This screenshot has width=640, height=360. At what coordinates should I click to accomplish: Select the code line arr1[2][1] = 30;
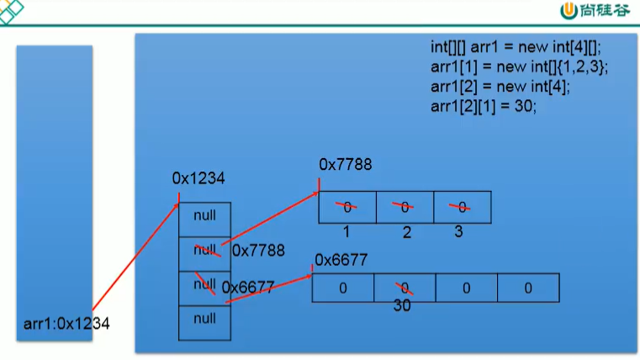[x=483, y=107]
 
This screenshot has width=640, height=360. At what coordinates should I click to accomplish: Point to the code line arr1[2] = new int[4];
[x=500, y=87]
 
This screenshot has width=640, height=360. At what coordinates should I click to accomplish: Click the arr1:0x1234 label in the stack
[x=67, y=322]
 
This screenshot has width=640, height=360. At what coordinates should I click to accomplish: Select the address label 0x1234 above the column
[x=198, y=178]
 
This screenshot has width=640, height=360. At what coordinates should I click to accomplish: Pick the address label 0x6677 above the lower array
[x=341, y=260]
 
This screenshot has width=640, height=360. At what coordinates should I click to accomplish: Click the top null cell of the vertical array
[x=204, y=216]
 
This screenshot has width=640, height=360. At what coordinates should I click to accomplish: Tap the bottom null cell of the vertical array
[x=204, y=319]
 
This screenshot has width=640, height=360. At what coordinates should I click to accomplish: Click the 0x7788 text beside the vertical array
[x=258, y=251]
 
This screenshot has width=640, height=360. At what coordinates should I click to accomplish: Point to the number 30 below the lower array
[x=402, y=306]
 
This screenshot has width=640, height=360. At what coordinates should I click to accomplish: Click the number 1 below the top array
[x=346, y=230]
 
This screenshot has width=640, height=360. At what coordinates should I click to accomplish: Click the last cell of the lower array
[x=528, y=288]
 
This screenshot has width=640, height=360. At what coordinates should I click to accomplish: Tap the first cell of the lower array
[x=343, y=288]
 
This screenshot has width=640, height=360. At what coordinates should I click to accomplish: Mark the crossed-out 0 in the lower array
[x=405, y=288]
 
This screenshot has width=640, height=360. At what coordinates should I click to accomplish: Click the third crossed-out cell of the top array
[x=462, y=207]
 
